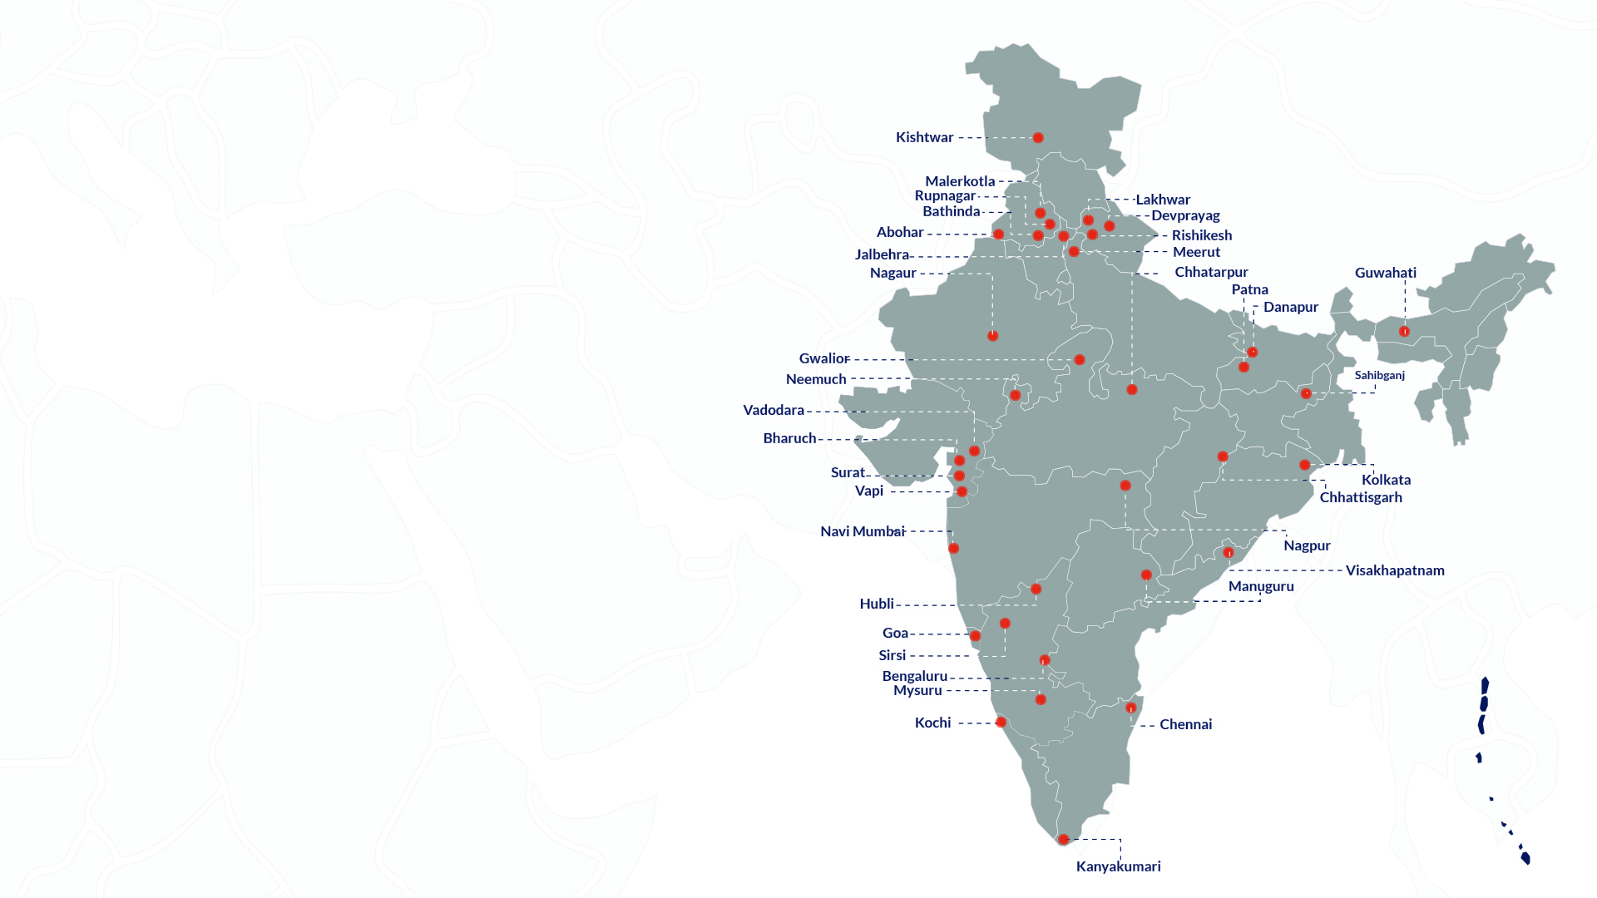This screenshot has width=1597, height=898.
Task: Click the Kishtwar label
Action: pos(924,137)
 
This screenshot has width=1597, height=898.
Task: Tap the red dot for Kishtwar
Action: pos(1038,138)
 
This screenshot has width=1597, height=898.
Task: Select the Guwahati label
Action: pos(1385,273)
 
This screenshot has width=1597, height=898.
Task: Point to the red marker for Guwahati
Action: pos(1404,332)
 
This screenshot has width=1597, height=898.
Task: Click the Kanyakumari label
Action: pos(1118,866)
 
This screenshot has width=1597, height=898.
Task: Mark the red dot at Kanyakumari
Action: pos(1063,840)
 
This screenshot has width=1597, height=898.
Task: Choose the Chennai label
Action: pos(1185,724)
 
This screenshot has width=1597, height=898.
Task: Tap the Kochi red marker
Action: pos(1001,723)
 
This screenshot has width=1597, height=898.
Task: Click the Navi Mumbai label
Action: pos(862,531)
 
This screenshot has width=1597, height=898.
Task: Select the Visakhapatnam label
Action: pos(1395,570)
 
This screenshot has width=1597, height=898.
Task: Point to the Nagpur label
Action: pos(1307,545)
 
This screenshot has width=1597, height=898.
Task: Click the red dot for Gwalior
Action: pos(1079,360)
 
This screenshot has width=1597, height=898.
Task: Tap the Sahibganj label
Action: pos(1379,375)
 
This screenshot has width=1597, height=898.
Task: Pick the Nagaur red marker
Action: pos(992,336)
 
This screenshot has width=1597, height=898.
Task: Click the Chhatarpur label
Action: pos(1211,272)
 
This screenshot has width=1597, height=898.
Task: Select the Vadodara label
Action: pos(774,410)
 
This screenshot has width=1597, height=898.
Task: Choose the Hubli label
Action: pos(877,604)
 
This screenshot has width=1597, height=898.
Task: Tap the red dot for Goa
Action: pos(975,636)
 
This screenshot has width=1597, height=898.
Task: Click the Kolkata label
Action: pos(1386,480)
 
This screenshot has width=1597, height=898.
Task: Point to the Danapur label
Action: pos(1290,307)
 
